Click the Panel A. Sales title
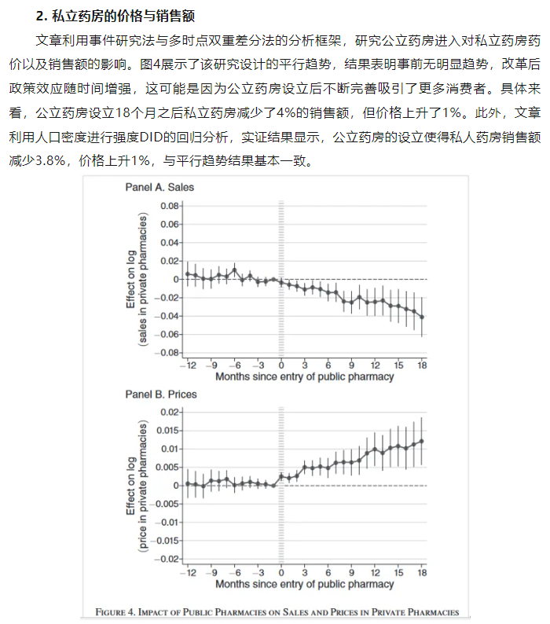point(159,188)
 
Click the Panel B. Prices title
point(161,394)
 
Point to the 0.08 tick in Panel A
point(167,206)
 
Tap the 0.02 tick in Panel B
point(169,412)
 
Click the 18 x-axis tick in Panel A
point(422,365)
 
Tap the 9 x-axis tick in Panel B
point(352,573)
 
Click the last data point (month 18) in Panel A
point(422,317)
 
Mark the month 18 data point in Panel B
point(422,441)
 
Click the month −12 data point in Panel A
point(188,273)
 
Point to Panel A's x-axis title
point(304,376)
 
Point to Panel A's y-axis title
point(137,279)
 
